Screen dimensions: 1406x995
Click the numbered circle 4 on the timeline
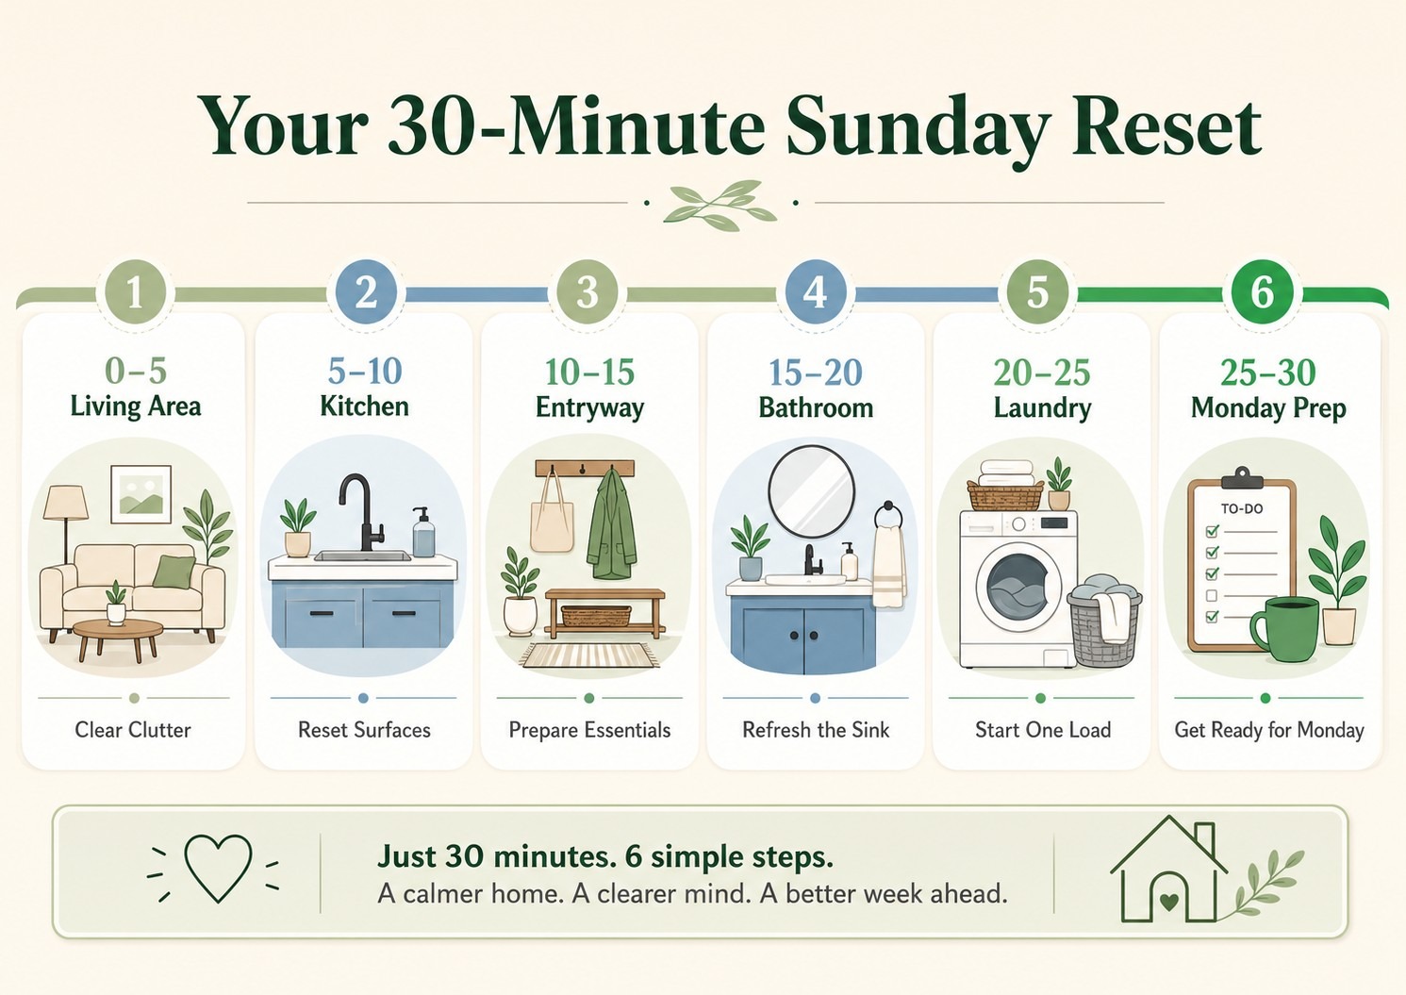[815, 292]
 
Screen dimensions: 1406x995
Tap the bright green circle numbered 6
[1263, 292]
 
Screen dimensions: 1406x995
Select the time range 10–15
[589, 372]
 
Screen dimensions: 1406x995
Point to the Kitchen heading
[364, 406]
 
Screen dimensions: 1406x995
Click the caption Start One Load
[1043, 729]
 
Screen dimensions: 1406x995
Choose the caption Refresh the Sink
[816, 729]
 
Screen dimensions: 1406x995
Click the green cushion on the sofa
[174, 572]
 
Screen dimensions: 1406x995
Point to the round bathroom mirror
[812, 491]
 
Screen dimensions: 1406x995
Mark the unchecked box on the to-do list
[1212, 595]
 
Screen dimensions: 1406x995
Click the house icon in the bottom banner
[1168, 870]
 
